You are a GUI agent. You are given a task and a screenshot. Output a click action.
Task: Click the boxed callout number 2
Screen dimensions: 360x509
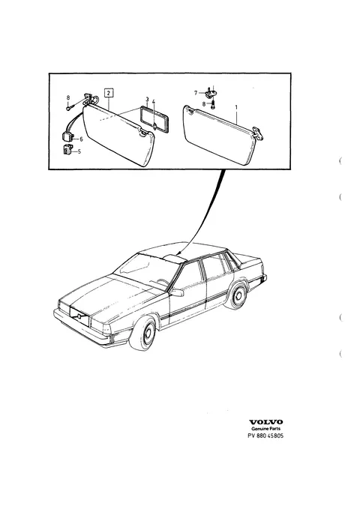[x=109, y=93]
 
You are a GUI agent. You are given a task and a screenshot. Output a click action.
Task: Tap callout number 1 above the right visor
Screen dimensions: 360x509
[x=236, y=107]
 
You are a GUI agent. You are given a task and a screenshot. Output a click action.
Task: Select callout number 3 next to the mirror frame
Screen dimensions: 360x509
[x=147, y=99]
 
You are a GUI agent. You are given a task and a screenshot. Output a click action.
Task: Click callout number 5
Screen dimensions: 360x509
[x=79, y=151]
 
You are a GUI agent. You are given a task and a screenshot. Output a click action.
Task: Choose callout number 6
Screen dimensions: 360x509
[x=81, y=139]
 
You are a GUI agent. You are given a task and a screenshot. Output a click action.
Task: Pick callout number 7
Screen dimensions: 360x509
[x=196, y=93]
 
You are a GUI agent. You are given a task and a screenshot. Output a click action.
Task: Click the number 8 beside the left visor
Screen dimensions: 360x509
[x=68, y=97]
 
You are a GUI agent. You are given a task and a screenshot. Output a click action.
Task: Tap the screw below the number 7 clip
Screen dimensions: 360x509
[x=213, y=104]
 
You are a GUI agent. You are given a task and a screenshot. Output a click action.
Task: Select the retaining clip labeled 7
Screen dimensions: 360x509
[x=210, y=93]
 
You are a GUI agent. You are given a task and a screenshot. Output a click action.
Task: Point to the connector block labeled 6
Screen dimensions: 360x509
[x=67, y=137]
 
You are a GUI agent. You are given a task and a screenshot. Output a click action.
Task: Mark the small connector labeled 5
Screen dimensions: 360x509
[x=67, y=150]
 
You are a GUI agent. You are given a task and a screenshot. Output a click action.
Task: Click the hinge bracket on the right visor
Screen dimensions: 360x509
[x=259, y=133]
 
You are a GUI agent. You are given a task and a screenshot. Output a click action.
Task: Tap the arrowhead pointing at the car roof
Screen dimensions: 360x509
[x=178, y=253]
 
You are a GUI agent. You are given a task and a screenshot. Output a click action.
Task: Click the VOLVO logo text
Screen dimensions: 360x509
[x=266, y=422]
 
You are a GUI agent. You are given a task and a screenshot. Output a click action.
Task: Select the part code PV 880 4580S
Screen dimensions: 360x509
[x=265, y=436]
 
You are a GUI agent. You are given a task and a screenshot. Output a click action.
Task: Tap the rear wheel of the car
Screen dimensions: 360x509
[x=238, y=295]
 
